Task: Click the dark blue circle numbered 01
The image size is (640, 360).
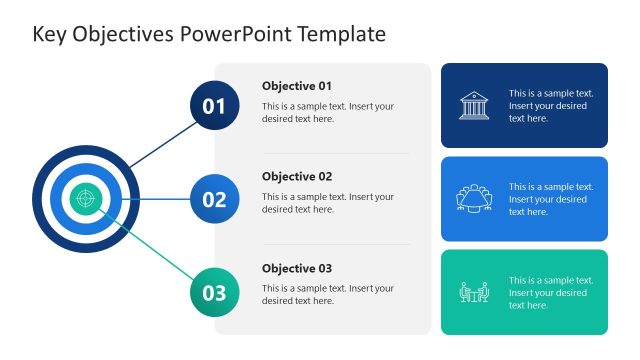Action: pyautogui.click(x=214, y=106)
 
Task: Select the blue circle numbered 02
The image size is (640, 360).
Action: pyautogui.click(x=214, y=199)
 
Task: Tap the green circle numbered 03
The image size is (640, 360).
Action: pyautogui.click(x=214, y=292)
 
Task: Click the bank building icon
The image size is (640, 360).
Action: pyautogui.click(x=474, y=106)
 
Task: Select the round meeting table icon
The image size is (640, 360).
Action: pyautogui.click(x=474, y=199)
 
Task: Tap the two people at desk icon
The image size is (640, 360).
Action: pyautogui.click(x=474, y=292)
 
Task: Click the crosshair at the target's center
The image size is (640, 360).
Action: pyautogui.click(x=86, y=198)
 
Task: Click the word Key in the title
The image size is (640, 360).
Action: pyautogui.click(x=49, y=34)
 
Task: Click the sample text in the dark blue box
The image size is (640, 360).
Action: pyautogui.click(x=551, y=106)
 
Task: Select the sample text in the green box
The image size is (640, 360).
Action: pyautogui.click(x=551, y=293)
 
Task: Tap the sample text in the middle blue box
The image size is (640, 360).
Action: pyautogui.click(x=551, y=199)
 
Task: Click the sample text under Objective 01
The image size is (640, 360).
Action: pyautogui.click(x=328, y=112)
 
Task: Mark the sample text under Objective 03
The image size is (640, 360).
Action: pyautogui.click(x=328, y=294)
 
